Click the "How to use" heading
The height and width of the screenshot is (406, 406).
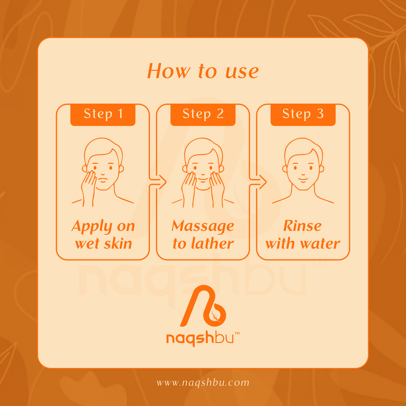203,71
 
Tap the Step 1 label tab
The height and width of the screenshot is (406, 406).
103,115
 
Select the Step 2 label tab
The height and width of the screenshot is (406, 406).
203,115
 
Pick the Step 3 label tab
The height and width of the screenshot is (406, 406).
303,115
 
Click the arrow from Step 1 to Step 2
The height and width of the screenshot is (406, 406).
158,182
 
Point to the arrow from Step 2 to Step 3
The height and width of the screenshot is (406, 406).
258,182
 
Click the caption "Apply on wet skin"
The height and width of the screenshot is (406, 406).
103,235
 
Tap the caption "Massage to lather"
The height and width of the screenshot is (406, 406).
203,235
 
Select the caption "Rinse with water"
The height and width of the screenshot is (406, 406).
303,235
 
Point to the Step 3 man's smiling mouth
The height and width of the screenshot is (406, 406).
303,179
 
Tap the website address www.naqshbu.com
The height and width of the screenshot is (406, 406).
203,383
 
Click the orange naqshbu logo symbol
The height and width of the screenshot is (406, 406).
203,305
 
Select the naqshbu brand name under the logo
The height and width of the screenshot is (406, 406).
200,339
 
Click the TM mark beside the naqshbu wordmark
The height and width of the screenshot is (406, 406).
237,333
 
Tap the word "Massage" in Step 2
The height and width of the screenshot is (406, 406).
203,227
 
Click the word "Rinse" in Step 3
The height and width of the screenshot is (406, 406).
302,226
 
